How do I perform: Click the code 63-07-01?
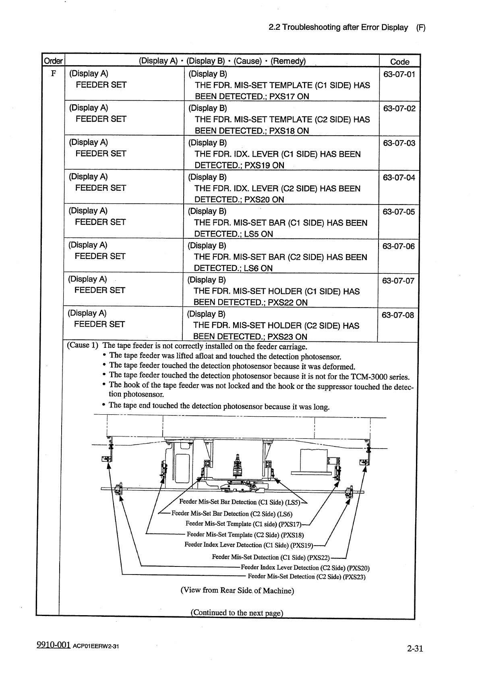[399, 74]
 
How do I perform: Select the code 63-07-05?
[399, 212]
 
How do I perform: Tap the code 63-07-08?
[398, 315]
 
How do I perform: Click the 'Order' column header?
[53, 61]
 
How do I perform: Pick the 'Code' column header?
[399, 62]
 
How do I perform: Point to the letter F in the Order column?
[53, 74]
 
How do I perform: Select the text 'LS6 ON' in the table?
[258, 268]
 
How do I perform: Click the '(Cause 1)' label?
[83, 345]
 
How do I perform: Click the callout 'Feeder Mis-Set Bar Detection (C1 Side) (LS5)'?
[240, 502]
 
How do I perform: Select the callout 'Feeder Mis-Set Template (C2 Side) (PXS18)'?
[245, 535]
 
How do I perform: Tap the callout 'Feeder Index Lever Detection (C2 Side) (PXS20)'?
[305, 568]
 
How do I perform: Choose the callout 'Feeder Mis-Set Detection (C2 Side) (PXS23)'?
[306, 577]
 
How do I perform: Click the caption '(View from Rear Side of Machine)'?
[237, 591]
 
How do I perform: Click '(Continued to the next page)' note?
[237, 613]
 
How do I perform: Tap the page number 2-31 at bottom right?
[415, 648]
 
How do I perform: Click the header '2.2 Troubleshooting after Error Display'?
[338, 27]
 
